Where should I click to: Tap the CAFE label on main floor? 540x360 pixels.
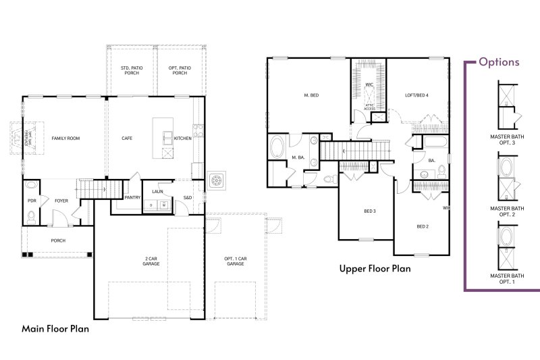click(x=126, y=138)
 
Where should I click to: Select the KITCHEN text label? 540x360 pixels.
click(x=183, y=138)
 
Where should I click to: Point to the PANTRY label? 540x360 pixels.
click(x=132, y=198)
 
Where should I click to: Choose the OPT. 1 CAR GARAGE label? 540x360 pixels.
click(x=235, y=261)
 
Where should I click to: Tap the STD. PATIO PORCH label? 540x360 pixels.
click(x=130, y=70)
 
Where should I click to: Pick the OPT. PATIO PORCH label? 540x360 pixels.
click(x=180, y=70)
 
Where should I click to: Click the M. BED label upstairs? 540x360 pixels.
click(x=310, y=96)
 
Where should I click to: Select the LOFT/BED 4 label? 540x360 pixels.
click(x=417, y=95)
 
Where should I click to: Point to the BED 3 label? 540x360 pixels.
click(x=370, y=211)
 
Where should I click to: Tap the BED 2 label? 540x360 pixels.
click(x=423, y=226)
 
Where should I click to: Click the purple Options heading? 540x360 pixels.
click(x=499, y=62)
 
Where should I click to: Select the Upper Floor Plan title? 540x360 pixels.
click(x=375, y=269)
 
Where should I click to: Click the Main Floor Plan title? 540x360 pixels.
click(x=55, y=329)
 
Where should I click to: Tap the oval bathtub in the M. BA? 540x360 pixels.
click(x=277, y=148)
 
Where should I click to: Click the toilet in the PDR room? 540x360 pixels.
click(x=31, y=216)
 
